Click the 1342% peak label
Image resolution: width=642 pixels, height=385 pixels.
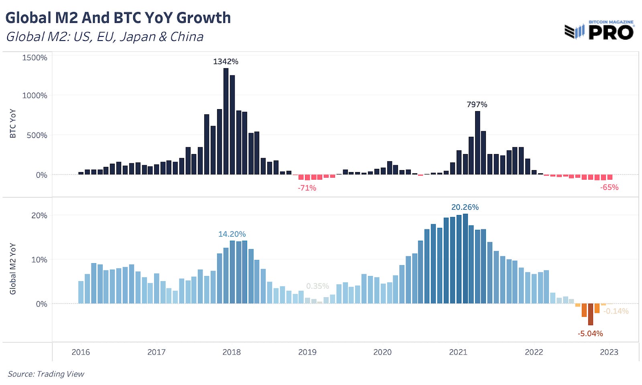226,61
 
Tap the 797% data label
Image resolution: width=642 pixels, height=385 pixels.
477,104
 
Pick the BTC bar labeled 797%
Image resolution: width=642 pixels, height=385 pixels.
477,142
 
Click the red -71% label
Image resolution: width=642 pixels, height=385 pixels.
307,188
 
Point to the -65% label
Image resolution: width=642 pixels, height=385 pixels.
609,187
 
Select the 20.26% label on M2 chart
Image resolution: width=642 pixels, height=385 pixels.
465,207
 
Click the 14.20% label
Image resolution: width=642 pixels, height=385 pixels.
232,234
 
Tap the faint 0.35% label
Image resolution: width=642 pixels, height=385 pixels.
317,286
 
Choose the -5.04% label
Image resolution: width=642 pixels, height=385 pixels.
590,333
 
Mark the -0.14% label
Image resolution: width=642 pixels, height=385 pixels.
616,311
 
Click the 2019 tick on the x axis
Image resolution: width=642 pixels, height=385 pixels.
307,352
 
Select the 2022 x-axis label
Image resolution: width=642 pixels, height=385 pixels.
534,352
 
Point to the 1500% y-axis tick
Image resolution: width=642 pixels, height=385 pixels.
35,57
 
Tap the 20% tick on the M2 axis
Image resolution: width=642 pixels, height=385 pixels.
39,215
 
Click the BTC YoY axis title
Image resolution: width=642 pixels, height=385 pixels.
13,124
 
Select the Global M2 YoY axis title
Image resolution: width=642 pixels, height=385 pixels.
13,269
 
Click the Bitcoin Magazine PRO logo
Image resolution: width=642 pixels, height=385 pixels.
599,30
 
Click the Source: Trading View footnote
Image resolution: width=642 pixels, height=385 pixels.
46,374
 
